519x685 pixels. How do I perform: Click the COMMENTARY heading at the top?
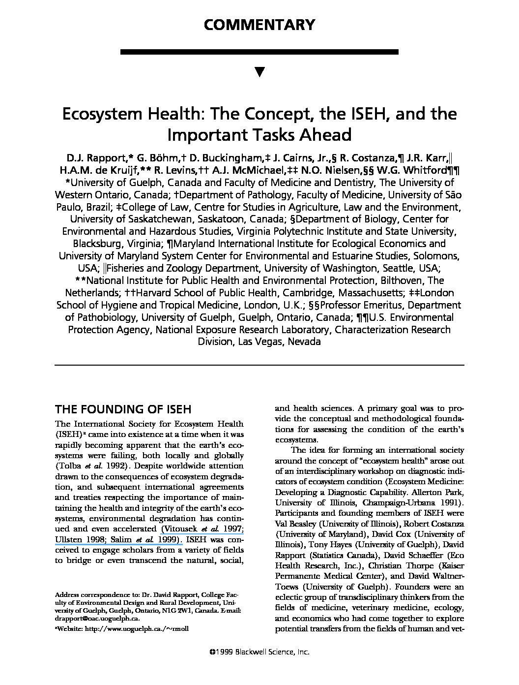(x=259, y=25)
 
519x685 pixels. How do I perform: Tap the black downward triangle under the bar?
(x=260, y=72)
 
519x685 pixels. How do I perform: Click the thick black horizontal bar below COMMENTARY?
(x=259, y=52)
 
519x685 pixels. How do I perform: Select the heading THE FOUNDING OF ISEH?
(x=122, y=409)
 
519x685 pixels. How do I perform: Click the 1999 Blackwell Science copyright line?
(x=259, y=652)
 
